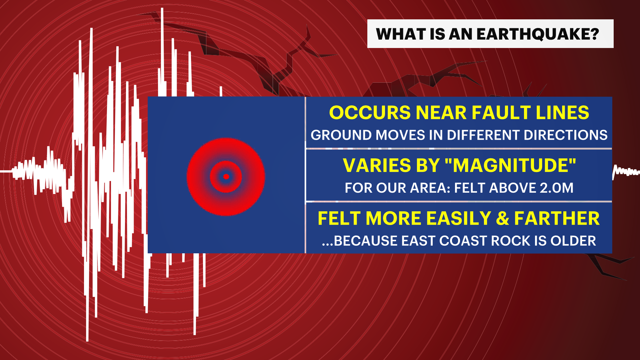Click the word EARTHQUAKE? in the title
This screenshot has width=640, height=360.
coord(538,34)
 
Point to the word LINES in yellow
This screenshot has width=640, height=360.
coord(563,113)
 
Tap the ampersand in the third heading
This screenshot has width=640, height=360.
coord(502,218)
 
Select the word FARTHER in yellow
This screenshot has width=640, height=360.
coord(557,218)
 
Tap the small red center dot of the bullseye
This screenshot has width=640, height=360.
coord(226,177)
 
